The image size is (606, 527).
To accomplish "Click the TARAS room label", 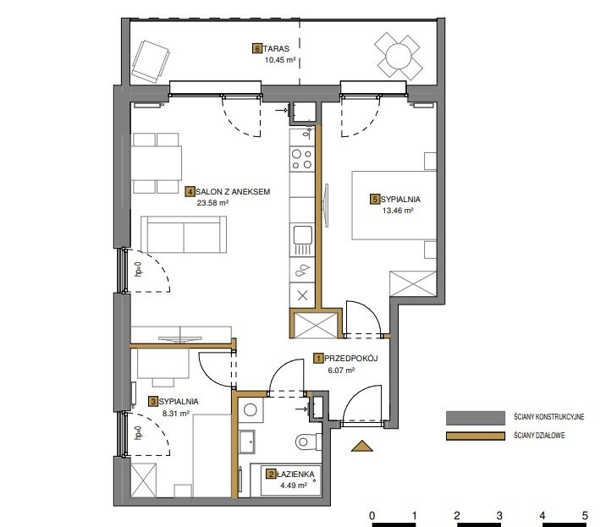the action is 276,49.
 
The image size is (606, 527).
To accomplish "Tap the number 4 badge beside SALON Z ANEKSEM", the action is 190,192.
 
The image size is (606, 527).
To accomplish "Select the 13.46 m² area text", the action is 398,211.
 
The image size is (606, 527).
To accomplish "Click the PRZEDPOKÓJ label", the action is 351,359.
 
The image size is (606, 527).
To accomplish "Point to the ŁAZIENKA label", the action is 295,474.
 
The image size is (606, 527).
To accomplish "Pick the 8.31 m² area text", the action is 176,413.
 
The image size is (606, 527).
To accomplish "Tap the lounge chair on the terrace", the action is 151,62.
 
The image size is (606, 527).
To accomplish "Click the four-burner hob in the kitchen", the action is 302,159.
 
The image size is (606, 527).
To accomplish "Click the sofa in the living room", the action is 184,234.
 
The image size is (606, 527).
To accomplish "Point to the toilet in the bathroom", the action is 308,442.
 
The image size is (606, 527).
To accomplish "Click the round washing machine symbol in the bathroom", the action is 251,409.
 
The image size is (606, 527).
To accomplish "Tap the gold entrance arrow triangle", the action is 362,446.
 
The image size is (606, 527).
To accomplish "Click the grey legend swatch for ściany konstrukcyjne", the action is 476,418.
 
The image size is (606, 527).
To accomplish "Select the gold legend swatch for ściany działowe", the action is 476,436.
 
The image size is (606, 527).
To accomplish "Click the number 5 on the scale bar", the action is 585,515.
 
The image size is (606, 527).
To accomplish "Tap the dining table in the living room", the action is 156,162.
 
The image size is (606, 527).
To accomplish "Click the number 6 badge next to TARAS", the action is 257,49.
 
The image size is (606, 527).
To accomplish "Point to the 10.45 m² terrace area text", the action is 280,60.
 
